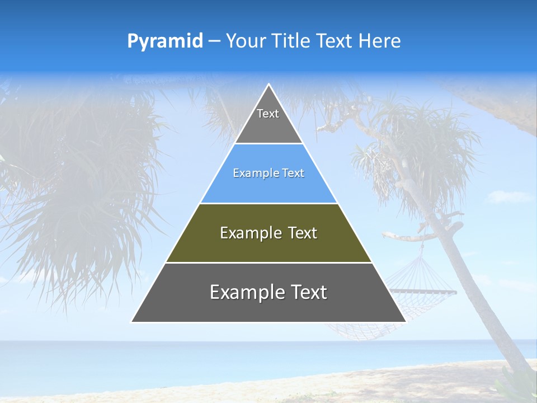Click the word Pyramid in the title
pos(164,41)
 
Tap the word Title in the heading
pos(290,41)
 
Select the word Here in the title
pos(379,41)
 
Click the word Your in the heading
pos(246,41)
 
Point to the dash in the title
pos(214,41)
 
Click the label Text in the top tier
pos(268,114)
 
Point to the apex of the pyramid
pos(268,85)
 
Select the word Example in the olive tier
pos(249,233)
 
